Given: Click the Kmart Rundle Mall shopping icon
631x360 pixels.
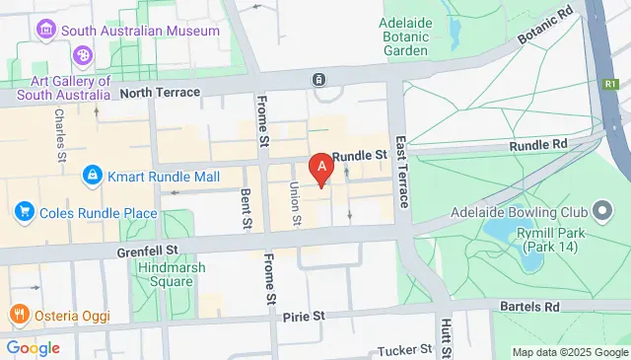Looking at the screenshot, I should click(x=92, y=175).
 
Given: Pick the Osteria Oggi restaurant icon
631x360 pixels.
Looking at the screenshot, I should click(x=18, y=315).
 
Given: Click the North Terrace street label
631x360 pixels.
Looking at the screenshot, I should click(x=160, y=93).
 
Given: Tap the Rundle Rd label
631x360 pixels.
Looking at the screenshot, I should click(x=539, y=145).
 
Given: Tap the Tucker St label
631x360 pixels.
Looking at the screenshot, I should click(x=406, y=349).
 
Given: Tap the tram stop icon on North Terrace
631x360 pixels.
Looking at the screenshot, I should click(x=319, y=79).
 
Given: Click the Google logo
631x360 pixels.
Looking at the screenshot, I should click(x=33, y=347).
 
